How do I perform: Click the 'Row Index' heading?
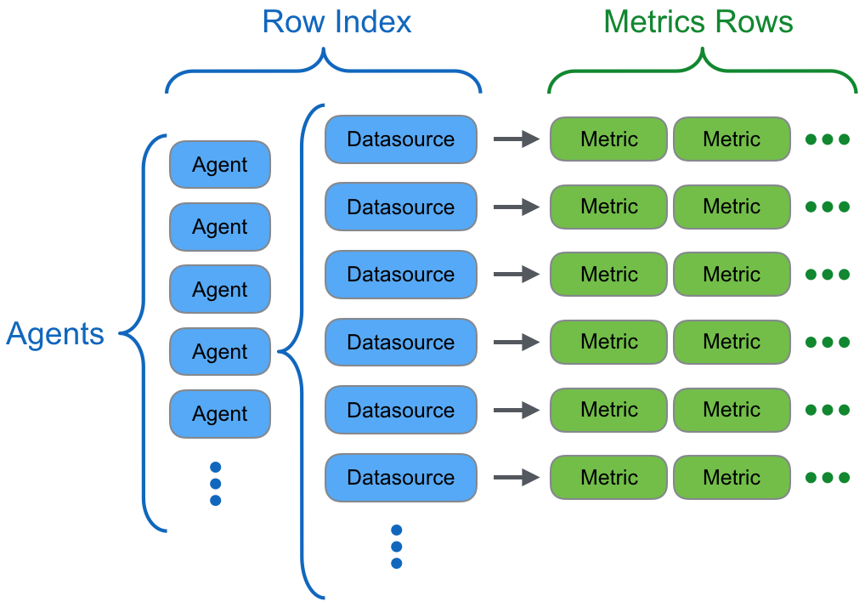pyautogui.click(x=336, y=22)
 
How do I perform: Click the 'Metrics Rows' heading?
pyautogui.click(x=698, y=22)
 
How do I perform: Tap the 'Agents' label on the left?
pyautogui.click(x=55, y=334)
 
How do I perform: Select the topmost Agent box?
pyautogui.click(x=220, y=165)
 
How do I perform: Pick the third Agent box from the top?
pyautogui.click(x=220, y=289)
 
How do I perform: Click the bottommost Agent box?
pyautogui.click(x=220, y=414)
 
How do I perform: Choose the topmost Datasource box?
pyautogui.click(x=400, y=139)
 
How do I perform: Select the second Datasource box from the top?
pyautogui.click(x=400, y=207)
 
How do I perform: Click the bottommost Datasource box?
pyautogui.click(x=400, y=478)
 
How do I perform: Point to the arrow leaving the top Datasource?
pyautogui.click(x=516, y=139)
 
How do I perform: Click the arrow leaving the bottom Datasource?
pyautogui.click(x=516, y=478)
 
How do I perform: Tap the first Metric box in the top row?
pyautogui.click(x=608, y=139)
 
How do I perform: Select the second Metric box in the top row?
pyautogui.click(x=732, y=139)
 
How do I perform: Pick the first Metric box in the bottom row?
pyautogui.click(x=608, y=478)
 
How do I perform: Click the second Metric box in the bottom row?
pyautogui.click(x=732, y=478)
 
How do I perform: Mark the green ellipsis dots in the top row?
pyautogui.click(x=827, y=139)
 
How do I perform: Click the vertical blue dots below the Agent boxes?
pyautogui.click(x=215, y=484)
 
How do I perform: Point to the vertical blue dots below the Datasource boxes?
pyautogui.click(x=396, y=547)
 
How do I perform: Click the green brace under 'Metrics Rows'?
pyautogui.click(x=702, y=71)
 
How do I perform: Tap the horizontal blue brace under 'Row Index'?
pyautogui.click(x=323, y=71)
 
